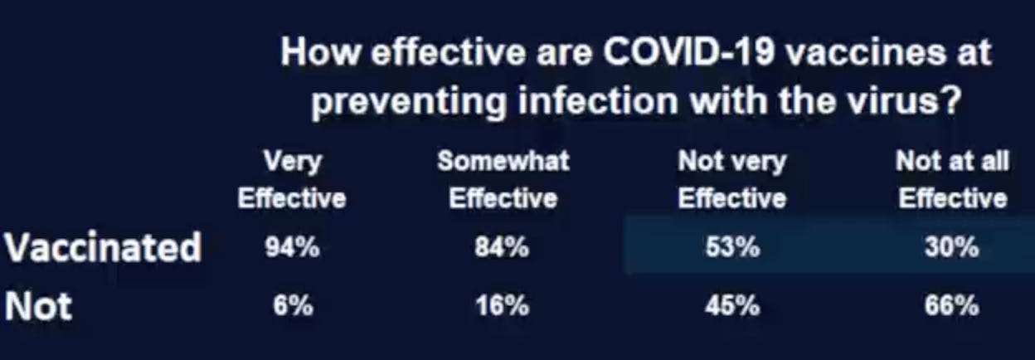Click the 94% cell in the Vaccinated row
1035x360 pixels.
[292, 248]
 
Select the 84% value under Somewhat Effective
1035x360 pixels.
[503, 248]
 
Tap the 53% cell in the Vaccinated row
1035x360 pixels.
[732, 248]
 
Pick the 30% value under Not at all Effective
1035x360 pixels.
[952, 248]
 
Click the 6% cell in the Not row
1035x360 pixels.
[293, 305]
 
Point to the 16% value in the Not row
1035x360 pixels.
[503, 305]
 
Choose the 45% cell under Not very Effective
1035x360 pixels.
[732, 305]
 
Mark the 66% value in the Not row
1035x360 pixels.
[952, 305]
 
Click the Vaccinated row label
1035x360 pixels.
[103, 247]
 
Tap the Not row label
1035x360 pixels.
[38, 306]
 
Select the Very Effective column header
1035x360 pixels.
[292, 180]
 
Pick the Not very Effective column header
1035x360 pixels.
[732, 180]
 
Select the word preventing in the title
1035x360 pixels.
[408, 103]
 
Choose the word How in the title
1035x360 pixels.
[320, 53]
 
